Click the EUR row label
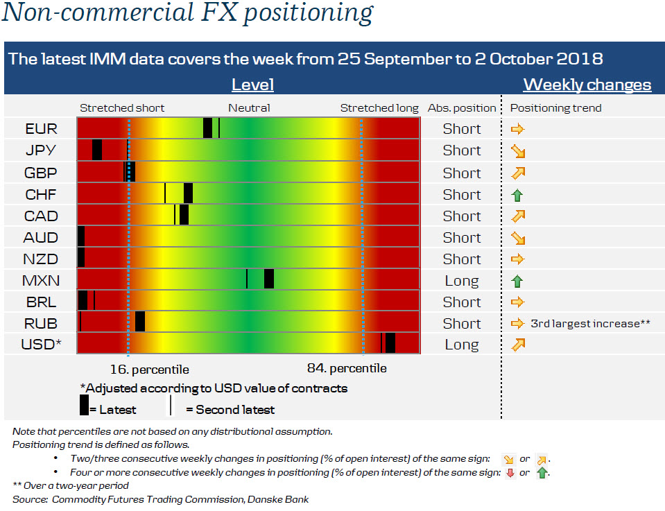tap(41, 129)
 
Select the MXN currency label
tap(41, 281)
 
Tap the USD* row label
tap(41, 345)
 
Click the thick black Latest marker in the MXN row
tap(269, 279)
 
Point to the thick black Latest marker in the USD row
tap(390, 343)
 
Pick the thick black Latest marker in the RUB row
tap(140, 322)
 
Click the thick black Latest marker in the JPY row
tap(97, 150)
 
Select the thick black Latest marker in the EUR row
tap(207, 128)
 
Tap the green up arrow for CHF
tap(517, 195)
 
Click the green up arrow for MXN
tap(517, 281)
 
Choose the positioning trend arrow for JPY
tap(517, 150)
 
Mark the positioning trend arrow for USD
tap(517, 345)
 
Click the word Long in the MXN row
tap(462, 281)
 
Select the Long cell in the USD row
tap(462, 345)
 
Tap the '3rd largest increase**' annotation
tap(590, 323)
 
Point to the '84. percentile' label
tap(347, 368)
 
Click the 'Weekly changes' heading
tap(587, 85)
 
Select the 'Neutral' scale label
tap(249, 108)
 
